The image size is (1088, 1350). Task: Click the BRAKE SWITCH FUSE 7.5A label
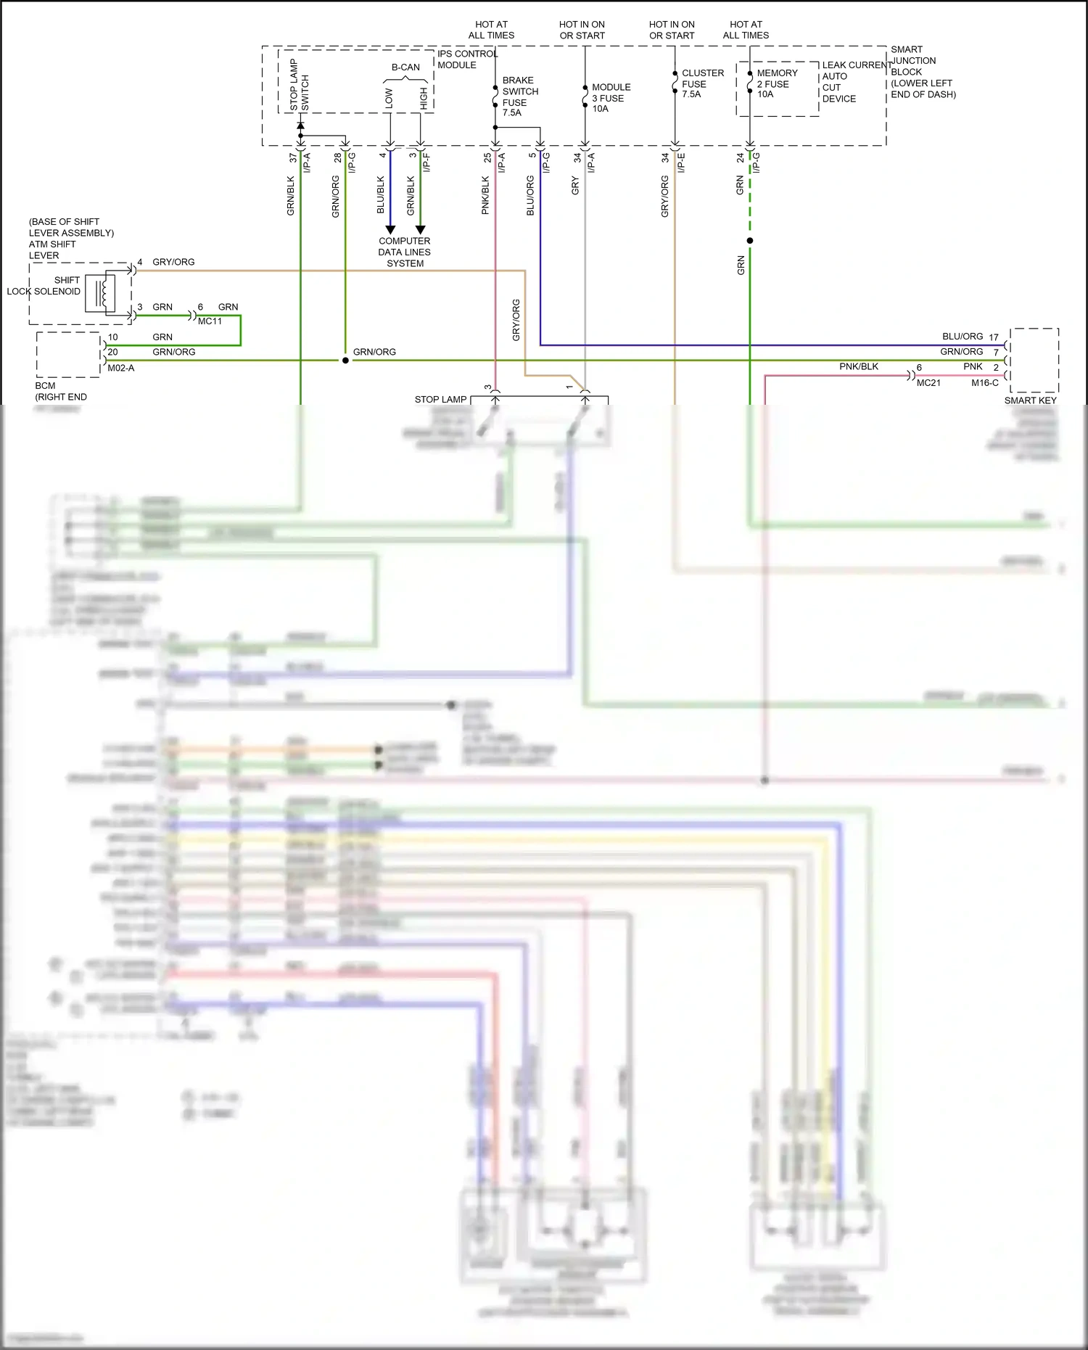(x=519, y=96)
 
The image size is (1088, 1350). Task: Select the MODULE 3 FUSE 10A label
(x=610, y=98)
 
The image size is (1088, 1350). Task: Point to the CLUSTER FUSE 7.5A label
(x=701, y=83)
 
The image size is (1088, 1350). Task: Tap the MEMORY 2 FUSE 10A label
(x=776, y=83)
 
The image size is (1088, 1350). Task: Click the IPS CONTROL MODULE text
(x=466, y=59)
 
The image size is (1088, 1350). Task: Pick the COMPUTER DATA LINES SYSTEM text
(x=405, y=252)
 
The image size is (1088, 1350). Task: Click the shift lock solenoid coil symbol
(x=102, y=294)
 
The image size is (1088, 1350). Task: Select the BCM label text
(x=45, y=385)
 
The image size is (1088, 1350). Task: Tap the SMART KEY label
(x=1030, y=400)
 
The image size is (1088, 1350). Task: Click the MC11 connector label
(x=210, y=321)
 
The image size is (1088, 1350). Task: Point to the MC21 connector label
(x=928, y=383)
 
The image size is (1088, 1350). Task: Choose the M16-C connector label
(x=985, y=383)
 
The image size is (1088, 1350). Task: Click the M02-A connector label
(x=121, y=369)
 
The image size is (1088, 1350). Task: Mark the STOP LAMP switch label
(x=440, y=400)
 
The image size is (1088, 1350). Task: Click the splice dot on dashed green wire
(x=750, y=240)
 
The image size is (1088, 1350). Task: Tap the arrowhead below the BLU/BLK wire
(x=390, y=230)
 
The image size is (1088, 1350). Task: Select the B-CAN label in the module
(x=405, y=67)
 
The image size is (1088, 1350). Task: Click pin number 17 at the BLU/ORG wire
(x=994, y=337)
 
